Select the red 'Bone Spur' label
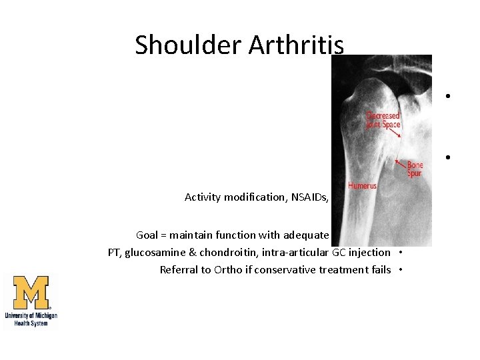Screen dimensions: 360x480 coord(415,169)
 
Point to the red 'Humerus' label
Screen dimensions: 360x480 coord(362,186)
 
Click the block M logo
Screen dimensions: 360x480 coord(31,293)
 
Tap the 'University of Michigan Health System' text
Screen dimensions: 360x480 coord(31,319)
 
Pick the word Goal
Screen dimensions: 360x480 coord(147,235)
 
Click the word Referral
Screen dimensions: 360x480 coord(179,269)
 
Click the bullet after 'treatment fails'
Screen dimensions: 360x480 coord(403,269)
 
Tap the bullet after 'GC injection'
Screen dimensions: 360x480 coord(403,252)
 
